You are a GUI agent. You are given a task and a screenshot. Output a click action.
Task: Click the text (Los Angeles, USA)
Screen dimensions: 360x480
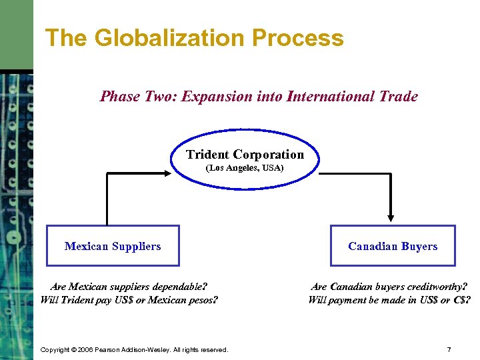coord(245,168)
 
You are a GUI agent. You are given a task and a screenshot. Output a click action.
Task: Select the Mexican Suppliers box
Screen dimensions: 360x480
coord(113,246)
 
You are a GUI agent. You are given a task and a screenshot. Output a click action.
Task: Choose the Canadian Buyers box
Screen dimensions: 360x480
coord(393,246)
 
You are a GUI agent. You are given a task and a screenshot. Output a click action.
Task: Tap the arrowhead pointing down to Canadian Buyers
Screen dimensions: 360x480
coord(391,217)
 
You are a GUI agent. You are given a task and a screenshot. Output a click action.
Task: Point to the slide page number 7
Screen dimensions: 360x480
coord(449,349)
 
